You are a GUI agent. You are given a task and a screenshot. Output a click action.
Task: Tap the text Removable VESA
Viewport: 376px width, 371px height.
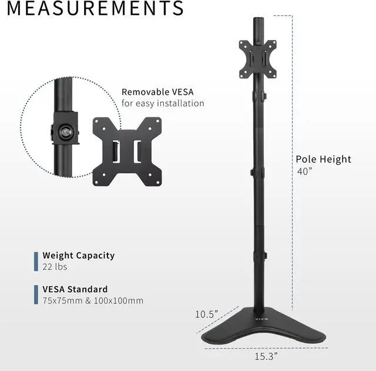[x=157, y=92]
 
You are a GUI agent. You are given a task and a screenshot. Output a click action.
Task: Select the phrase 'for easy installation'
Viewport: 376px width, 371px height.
[x=163, y=103]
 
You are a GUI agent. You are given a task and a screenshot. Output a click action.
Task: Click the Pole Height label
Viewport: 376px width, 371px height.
[x=323, y=159]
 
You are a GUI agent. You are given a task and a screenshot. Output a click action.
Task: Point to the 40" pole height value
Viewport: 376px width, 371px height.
[x=304, y=172]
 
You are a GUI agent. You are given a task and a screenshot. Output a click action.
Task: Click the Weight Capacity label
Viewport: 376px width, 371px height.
[x=78, y=256]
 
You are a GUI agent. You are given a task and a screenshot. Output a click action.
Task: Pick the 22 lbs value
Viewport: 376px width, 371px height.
[x=55, y=267]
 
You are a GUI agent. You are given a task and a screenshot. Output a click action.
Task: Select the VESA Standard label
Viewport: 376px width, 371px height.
[x=75, y=289]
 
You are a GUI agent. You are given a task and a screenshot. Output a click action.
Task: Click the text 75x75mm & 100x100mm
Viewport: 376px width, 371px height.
[x=93, y=301]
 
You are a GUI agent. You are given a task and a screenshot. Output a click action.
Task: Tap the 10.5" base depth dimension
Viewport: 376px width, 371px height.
[x=206, y=314]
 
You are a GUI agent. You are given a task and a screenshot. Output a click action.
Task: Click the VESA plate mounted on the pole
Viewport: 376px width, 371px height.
[x=257, y=59]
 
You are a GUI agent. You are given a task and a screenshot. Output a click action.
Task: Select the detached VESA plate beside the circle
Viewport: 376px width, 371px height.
[x=126, y=151]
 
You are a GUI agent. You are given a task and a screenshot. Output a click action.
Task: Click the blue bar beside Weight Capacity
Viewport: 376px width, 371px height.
[x=36, y=261]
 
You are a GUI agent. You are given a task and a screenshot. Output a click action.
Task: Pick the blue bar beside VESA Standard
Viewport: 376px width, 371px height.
[x=36, y=295]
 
